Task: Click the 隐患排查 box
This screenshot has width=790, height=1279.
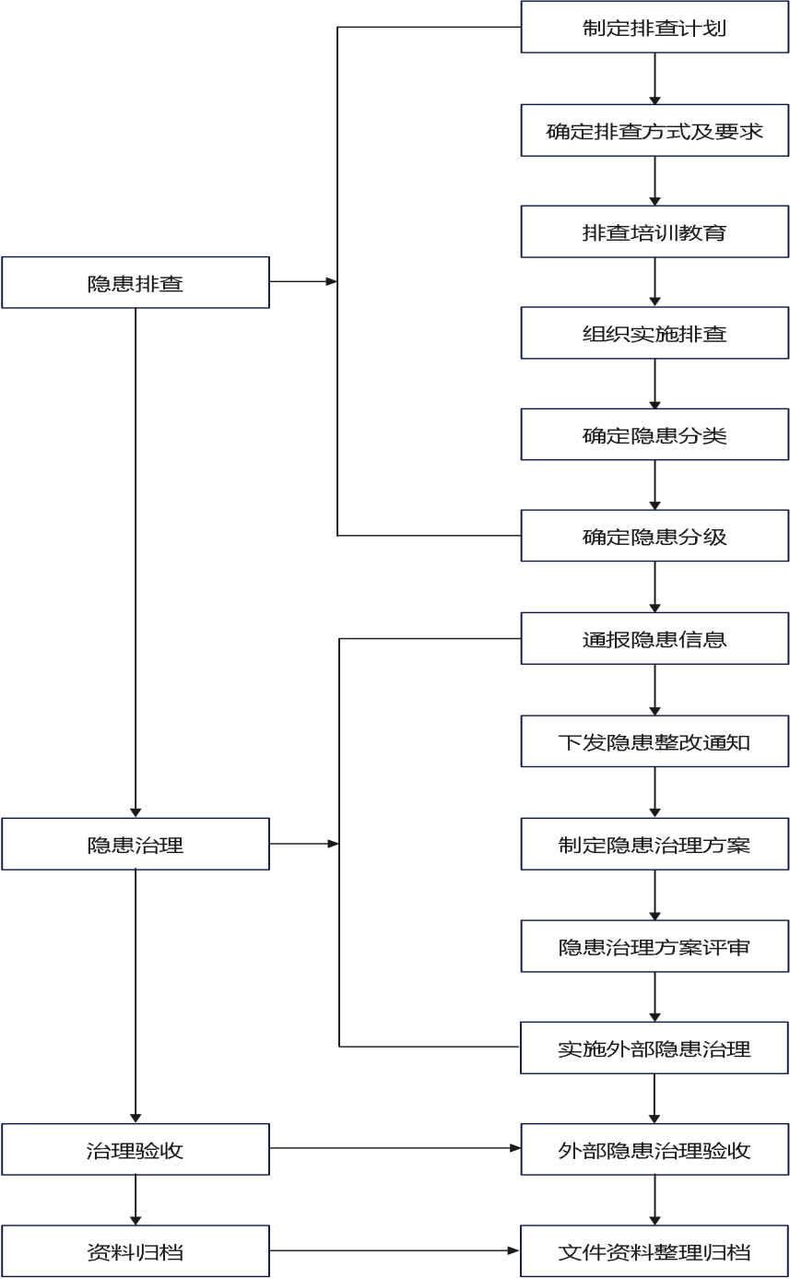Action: (136, 283)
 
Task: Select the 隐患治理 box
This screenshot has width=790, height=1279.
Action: (136, 844)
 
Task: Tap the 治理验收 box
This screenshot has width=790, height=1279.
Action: (136, 1149)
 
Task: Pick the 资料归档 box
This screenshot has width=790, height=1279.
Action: (136, 1251)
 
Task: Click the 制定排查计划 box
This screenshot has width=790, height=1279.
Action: (654, 27)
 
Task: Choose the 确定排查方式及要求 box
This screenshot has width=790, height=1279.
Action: (654, 130)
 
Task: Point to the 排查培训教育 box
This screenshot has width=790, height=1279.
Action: (654, 231)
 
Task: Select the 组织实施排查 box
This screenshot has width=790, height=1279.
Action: (654, 333)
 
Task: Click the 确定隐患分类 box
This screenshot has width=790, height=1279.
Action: (654, 434)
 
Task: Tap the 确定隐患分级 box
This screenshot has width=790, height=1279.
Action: (654, 536)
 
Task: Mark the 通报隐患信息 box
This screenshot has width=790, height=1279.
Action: (654, 638)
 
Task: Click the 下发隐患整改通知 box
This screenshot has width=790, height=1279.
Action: (654, 741)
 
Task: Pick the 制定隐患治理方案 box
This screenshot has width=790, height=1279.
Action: (654, 844)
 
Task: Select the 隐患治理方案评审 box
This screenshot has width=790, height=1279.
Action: (654, 946)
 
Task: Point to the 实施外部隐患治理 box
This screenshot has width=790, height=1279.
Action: (654, 1048)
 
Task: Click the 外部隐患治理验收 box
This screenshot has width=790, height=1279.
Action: (654, 1149)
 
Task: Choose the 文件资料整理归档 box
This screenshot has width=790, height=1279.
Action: (654, 1251)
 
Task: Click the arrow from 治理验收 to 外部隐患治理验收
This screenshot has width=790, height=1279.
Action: (395, 1148)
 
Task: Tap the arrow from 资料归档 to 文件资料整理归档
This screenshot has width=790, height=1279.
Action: (395, 1250)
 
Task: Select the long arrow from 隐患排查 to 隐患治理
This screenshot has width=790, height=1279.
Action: (136, 563)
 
